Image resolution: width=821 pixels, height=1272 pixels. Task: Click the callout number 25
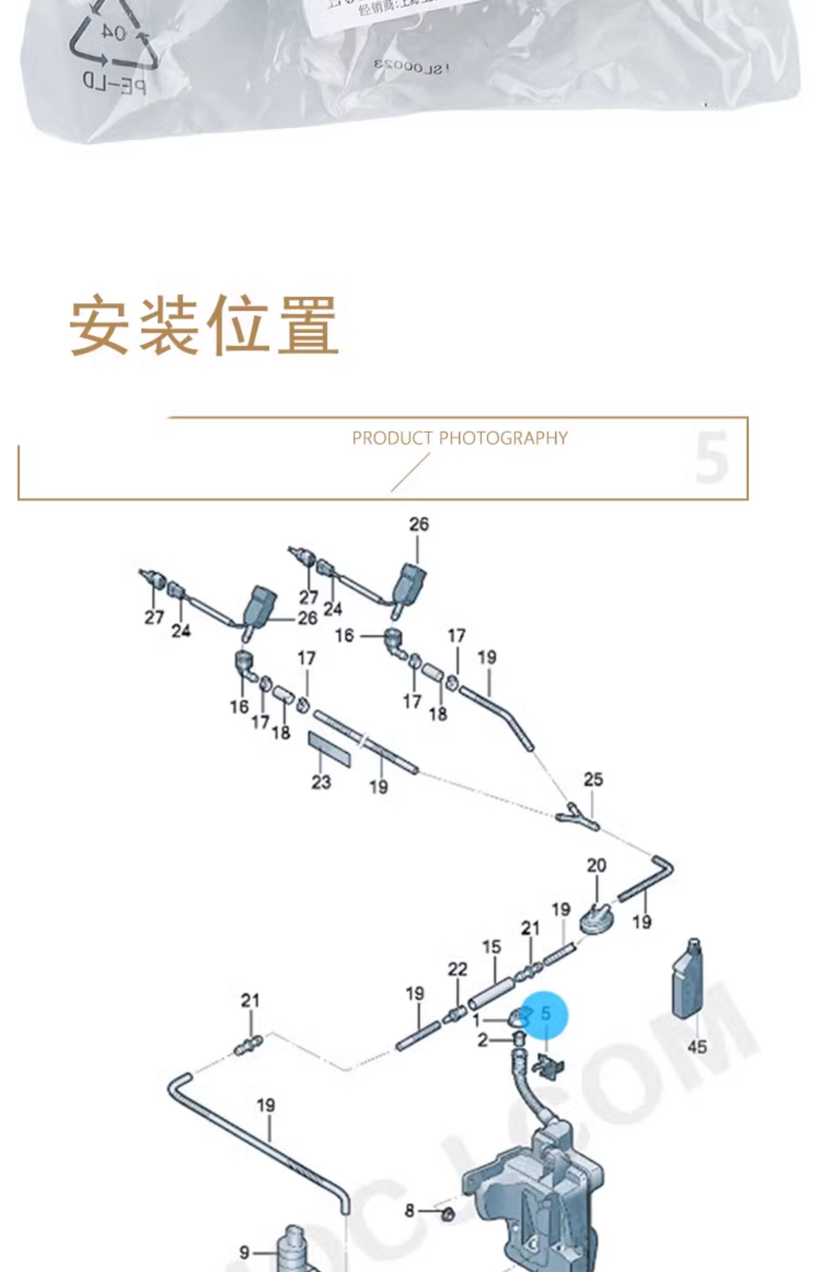pyautogui.click(x=593, y=780)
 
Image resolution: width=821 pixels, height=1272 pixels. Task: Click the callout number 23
pyautogui.click(x=321, y=782)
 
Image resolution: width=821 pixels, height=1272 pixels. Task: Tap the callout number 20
pyautogui.click(x=597, y=865)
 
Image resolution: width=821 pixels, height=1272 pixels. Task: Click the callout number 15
pyautogui.click(x=492, y=947)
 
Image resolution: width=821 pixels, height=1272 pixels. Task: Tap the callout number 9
pyautogui.click(x=244, y=1252)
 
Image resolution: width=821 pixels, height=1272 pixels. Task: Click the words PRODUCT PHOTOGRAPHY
pyautogui.click(x=459, y=438)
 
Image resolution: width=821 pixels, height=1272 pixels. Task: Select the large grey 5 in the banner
pyautogui.click(x=711, y=457)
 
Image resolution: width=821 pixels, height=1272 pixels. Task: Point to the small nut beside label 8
pyautogui.click(x=448, y=1215)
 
